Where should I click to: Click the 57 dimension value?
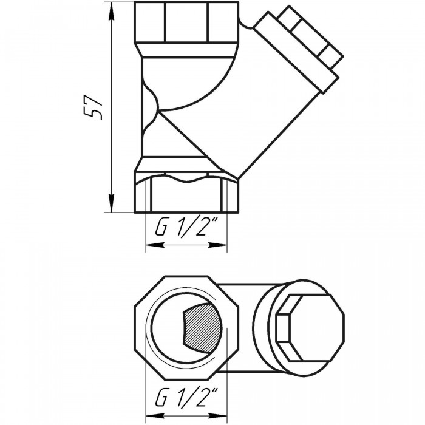pyautogui.click(x=93, y=107)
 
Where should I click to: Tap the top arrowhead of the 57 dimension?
pyautogui.click(x=111, y=12)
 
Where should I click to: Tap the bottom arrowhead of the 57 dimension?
pyautogui.click(x=111, y=203)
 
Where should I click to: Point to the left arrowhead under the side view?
pyautogui.click(x=155, y=245)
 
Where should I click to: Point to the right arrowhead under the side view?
pyautogui.click(x=218, y=245)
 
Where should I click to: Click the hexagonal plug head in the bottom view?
pyautogui.click(x=310, y=328)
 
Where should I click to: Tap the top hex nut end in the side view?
pyautogui.click(x=186, y=22)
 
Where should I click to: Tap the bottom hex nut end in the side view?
pyautogui.click(x=186, y=192)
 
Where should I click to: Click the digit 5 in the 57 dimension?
pyautogui.click(x=93, y=114)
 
